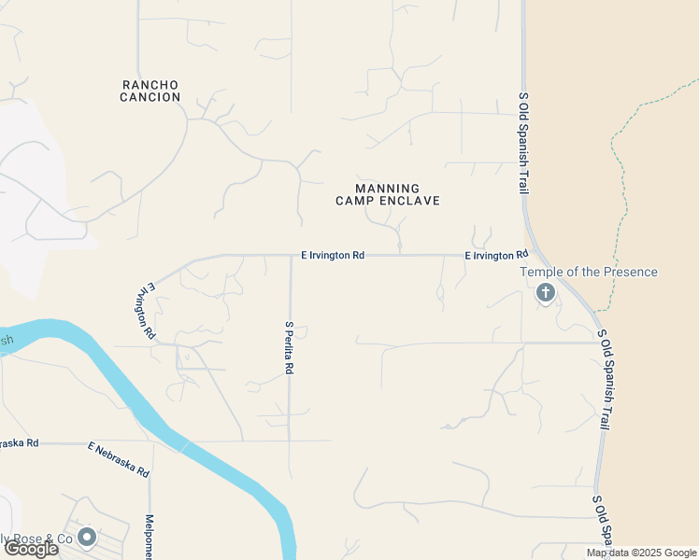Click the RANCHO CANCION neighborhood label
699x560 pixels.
150,91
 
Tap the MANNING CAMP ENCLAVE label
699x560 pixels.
387,194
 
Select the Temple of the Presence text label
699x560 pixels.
588,273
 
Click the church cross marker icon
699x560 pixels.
545,293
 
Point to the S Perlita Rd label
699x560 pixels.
289,347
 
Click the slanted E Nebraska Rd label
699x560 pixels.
119,459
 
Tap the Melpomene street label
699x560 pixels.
149,537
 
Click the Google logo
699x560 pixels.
31,549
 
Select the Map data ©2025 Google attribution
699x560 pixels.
641,553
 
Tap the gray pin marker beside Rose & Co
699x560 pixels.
87,537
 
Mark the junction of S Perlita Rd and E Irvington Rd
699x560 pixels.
290,255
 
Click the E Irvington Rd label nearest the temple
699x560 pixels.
496,255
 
